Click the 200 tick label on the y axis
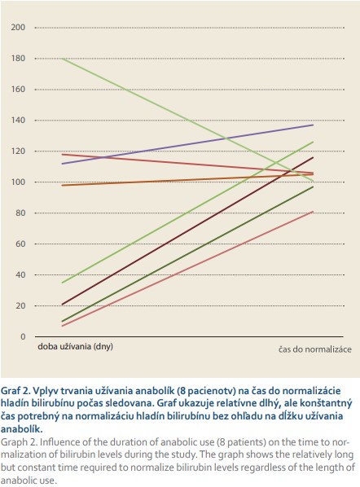tap(18, 28)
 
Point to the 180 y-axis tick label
tap(18, 59)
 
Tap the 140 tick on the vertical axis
tap(18, 121)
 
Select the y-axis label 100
tap(18, 182)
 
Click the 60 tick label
tap(20, 243)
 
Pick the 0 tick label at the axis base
tap(23, 336)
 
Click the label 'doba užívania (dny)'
tap(75, 347)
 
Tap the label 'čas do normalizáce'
tap(315, 349)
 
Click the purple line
tap(188, 144)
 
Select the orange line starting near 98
tap(188, 180)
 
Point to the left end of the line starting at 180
tap(63, 59)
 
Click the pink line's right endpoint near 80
tap(313, 212)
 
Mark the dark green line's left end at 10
tap(63, 321)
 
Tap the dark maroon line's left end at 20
tap(63, 305)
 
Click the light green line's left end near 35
tap(63, 283)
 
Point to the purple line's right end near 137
tap(313, 125)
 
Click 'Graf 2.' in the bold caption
tap(15, 391)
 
